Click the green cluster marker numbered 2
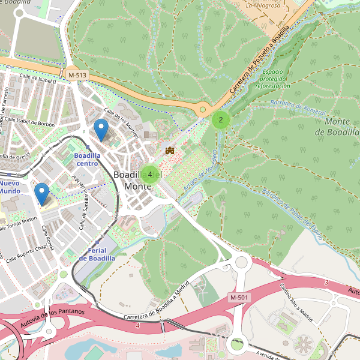coord(221,119)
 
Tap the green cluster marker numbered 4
coord(149,174)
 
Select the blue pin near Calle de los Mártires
coord(102,130)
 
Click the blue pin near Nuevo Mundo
coord(41,193)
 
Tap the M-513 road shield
coord(77,74)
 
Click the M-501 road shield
coord(239,298)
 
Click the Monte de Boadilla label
coord(341,127)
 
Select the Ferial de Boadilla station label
coord(97,254)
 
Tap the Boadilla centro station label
coord(86,159)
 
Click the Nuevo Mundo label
coord(10,187)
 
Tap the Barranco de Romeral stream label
coord(298,108)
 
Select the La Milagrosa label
coord(264,5)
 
